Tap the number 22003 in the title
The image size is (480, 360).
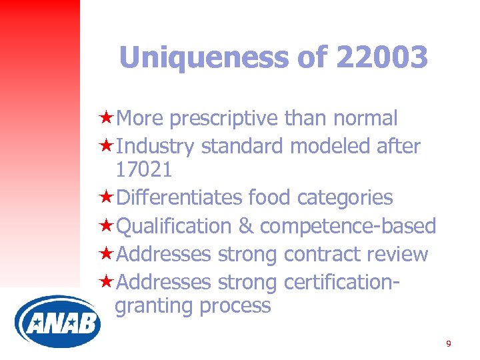(382, 58)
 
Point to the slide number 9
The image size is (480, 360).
(448, 343)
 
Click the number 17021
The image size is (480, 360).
(144, 169)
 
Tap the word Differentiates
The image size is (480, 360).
(179, 197)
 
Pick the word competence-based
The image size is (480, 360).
(347, 226)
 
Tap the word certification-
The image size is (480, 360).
(341, 282)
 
